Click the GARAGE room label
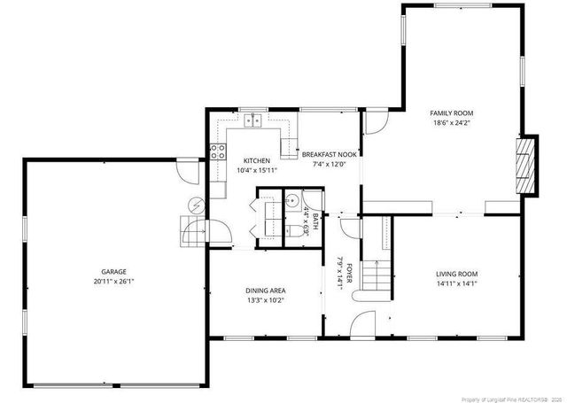[x=113, y=272]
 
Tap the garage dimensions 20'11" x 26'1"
[x=113, y=282]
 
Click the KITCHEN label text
[x=245, y=160]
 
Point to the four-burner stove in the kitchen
[x=214, y=151]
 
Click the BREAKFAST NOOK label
[x=329, y=153]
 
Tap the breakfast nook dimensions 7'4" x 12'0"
[x=329, y=163]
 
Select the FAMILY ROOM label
[x=452, y=113]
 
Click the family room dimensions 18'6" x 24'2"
[x=452, y=123]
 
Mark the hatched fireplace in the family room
[x=528, y=166]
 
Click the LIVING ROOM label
[x=456, y=275]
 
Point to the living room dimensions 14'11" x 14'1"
[x=456, y=284]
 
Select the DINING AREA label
[x=265, y=291]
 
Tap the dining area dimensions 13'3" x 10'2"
[x=265, y=300]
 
